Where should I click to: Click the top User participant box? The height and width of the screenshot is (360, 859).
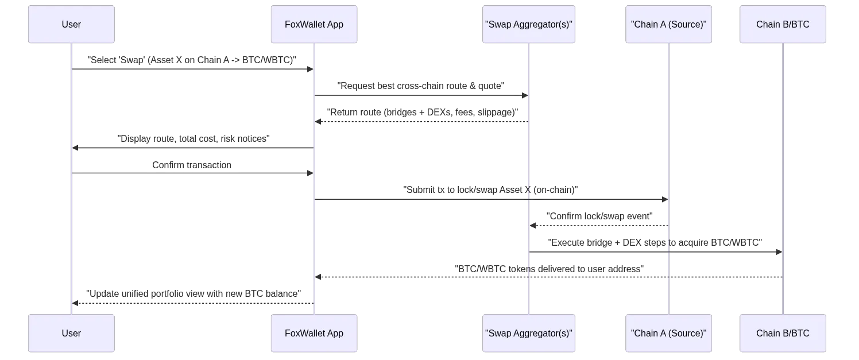pyautogui.click(x=71, y=25)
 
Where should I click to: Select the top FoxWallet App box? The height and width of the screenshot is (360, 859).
pyautogui.click(x=314, y=25)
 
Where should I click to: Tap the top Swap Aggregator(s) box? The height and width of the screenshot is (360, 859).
pyautogui.click(x=530, y=25)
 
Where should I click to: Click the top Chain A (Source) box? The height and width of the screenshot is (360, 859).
pyautogui.click(x=668, y=25)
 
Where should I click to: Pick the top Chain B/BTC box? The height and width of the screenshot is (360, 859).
pyautogui.click(x=783, y=25)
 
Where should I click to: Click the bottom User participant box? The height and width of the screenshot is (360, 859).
pyautogui.click(x=71, y=333)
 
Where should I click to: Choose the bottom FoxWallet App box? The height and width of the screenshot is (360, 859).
pyautogui.click(x=314, y=333)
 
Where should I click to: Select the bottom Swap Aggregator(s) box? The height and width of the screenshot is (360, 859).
pyautogui.click(x=530, y=333)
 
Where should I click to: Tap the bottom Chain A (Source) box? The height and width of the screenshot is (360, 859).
pyautogui.click(x=668, y=333)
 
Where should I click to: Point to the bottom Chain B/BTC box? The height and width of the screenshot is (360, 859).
pyautogui.click(x=783, y=333)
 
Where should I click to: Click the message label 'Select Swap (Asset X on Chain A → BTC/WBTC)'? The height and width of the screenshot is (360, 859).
pyautogui.click(x=192, y=60)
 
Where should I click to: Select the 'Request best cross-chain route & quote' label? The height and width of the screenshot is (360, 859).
pyautogui.click(x=421, y=86)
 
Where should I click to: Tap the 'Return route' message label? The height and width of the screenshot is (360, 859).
pyautogui.click(x=421, y=113)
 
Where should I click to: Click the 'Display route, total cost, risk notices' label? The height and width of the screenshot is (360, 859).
pyautogui.click(x=192, y=139)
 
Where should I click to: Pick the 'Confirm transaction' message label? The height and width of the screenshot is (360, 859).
pyautogui.click(x=192, y=165)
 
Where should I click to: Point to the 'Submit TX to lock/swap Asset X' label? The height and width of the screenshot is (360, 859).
pyautogui.click(x=491, y=189)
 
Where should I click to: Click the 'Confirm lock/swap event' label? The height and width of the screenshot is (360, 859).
pyautogui.click(x=599, y=216)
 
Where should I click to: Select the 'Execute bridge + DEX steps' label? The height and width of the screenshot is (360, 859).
pyautogui.click(x=656, y=243)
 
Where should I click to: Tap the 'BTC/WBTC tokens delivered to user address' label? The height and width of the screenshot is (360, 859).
pyautogui.click(x=548, y=269)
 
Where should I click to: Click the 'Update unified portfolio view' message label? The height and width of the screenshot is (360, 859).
pyautogui.click(x=192, y=294)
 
